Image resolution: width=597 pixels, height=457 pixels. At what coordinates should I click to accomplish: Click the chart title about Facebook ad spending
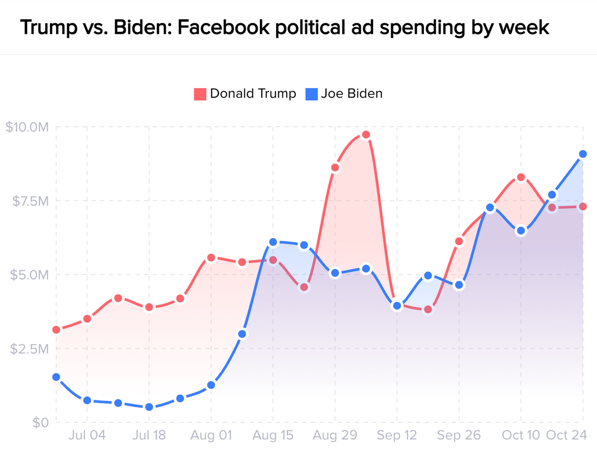tap(285, 27)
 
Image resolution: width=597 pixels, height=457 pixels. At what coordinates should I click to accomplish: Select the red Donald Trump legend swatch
tap(200, 94)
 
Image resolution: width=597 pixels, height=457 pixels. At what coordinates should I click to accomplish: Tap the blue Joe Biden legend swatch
tap(311, 94)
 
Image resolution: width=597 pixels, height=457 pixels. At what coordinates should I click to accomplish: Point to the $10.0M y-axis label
tap(27, 127)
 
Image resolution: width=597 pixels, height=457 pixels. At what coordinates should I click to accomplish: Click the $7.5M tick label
tap(30, 201)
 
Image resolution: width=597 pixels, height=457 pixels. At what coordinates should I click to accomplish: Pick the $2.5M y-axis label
tap(30, 349)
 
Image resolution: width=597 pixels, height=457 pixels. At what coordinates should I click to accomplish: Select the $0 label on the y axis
tap(41, 423)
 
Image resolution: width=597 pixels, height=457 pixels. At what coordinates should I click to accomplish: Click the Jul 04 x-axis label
tap(87, 435)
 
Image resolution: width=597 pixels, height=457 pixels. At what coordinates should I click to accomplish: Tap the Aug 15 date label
tap(273, 435)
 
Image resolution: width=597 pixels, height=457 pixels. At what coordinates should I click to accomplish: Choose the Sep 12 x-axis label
tap(397, 435)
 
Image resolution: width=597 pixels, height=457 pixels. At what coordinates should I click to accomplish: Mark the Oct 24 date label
tap(566, 435)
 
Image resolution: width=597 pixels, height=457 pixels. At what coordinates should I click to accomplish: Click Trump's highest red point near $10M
tap(366, 135)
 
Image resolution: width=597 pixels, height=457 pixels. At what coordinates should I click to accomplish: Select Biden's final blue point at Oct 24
tap(583, 154)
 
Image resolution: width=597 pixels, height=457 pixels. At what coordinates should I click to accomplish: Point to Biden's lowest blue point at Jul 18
tap(149, 407)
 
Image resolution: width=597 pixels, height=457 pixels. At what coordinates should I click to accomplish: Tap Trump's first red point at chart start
tap(56, 330)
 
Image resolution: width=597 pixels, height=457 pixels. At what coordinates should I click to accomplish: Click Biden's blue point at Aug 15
tap(273, 242)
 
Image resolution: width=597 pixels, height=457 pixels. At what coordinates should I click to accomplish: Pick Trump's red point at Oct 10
tap(521, 178)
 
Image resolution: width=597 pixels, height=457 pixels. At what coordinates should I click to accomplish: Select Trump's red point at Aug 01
tap(211, 258)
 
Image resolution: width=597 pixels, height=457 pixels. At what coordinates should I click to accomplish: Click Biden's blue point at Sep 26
tap(459, 285)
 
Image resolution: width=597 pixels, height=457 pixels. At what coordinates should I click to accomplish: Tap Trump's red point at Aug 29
tap(335, 168)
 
